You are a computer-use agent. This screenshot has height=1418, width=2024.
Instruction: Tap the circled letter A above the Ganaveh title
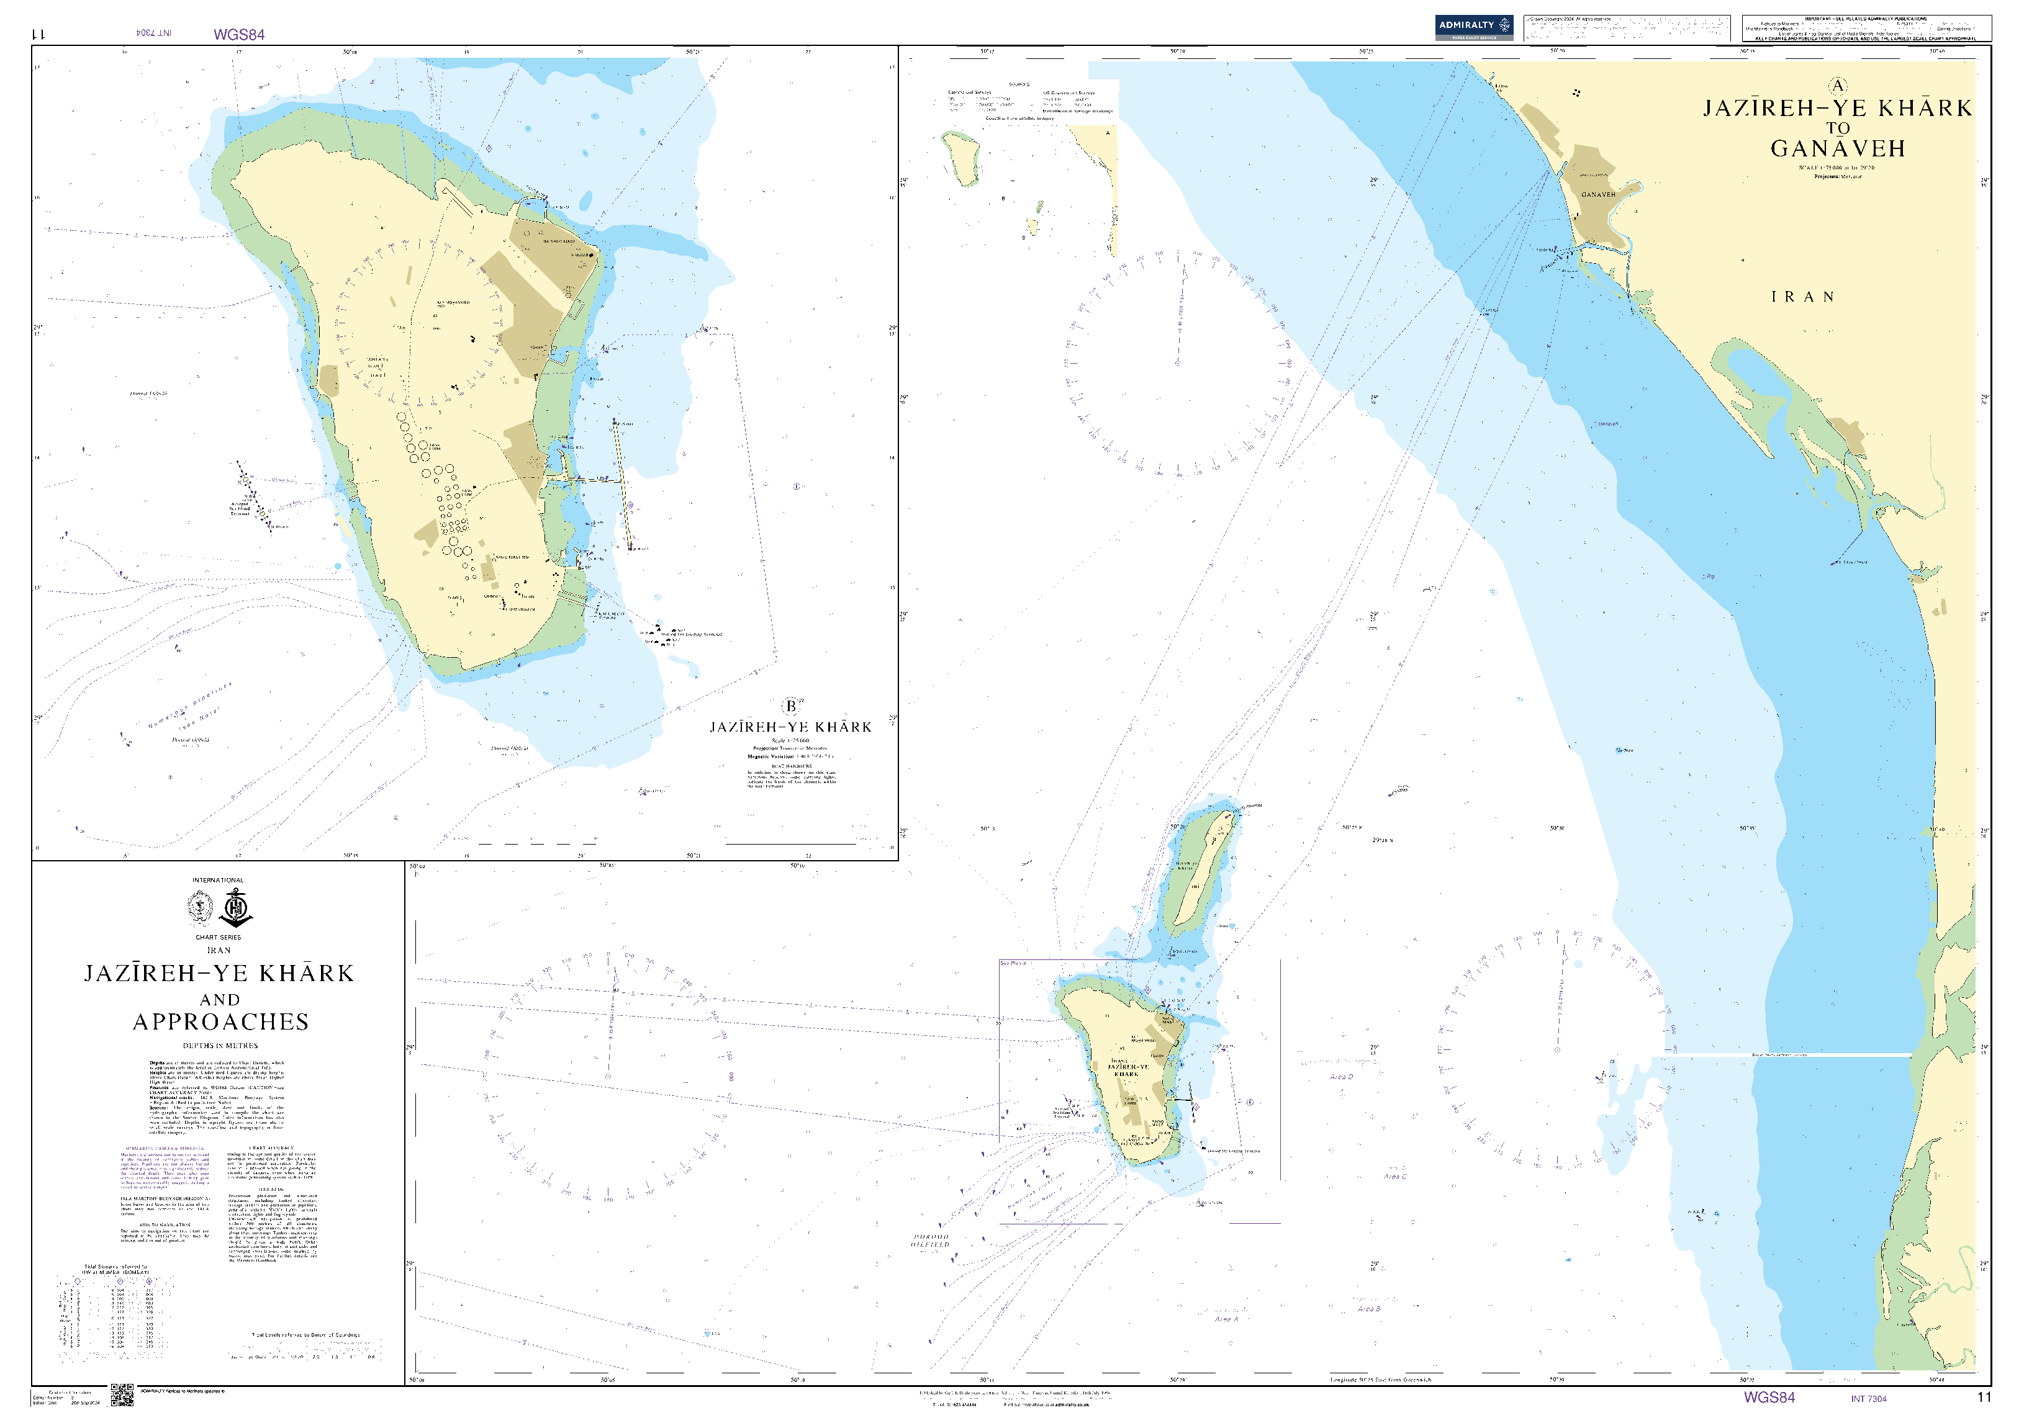(x=1837, y=86)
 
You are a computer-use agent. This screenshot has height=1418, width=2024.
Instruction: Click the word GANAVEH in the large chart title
(x=1838, y=148)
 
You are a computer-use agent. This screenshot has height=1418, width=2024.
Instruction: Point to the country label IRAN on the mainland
(x=1803, y=297)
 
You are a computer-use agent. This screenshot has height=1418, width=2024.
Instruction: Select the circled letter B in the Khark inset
(x=791, y=706)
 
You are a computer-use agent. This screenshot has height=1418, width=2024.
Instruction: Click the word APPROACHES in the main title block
(x=220, y=1022)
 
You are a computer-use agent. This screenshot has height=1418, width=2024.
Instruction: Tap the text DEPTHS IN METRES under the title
(x=220, y=1046)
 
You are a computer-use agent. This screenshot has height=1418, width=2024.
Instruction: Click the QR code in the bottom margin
(x=122, y=1395)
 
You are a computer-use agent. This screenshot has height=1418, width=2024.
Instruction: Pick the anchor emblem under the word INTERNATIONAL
(x=237, y=908)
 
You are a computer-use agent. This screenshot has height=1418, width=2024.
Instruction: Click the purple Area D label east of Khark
(x=1341, y=1077)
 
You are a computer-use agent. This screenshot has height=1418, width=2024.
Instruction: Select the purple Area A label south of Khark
(x=1226, y=1319)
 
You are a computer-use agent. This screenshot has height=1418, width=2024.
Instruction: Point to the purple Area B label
(x=1369, y=1309)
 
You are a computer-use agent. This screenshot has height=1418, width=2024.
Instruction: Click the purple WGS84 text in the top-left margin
(x=239, y=35)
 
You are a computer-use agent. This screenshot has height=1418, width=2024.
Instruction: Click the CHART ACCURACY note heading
(x=271, y=1148)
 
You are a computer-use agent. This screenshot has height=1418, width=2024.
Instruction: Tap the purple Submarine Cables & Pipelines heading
(x=165, y=1148)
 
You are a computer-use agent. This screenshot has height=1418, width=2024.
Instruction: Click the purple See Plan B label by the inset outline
(x=1013, y=963)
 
